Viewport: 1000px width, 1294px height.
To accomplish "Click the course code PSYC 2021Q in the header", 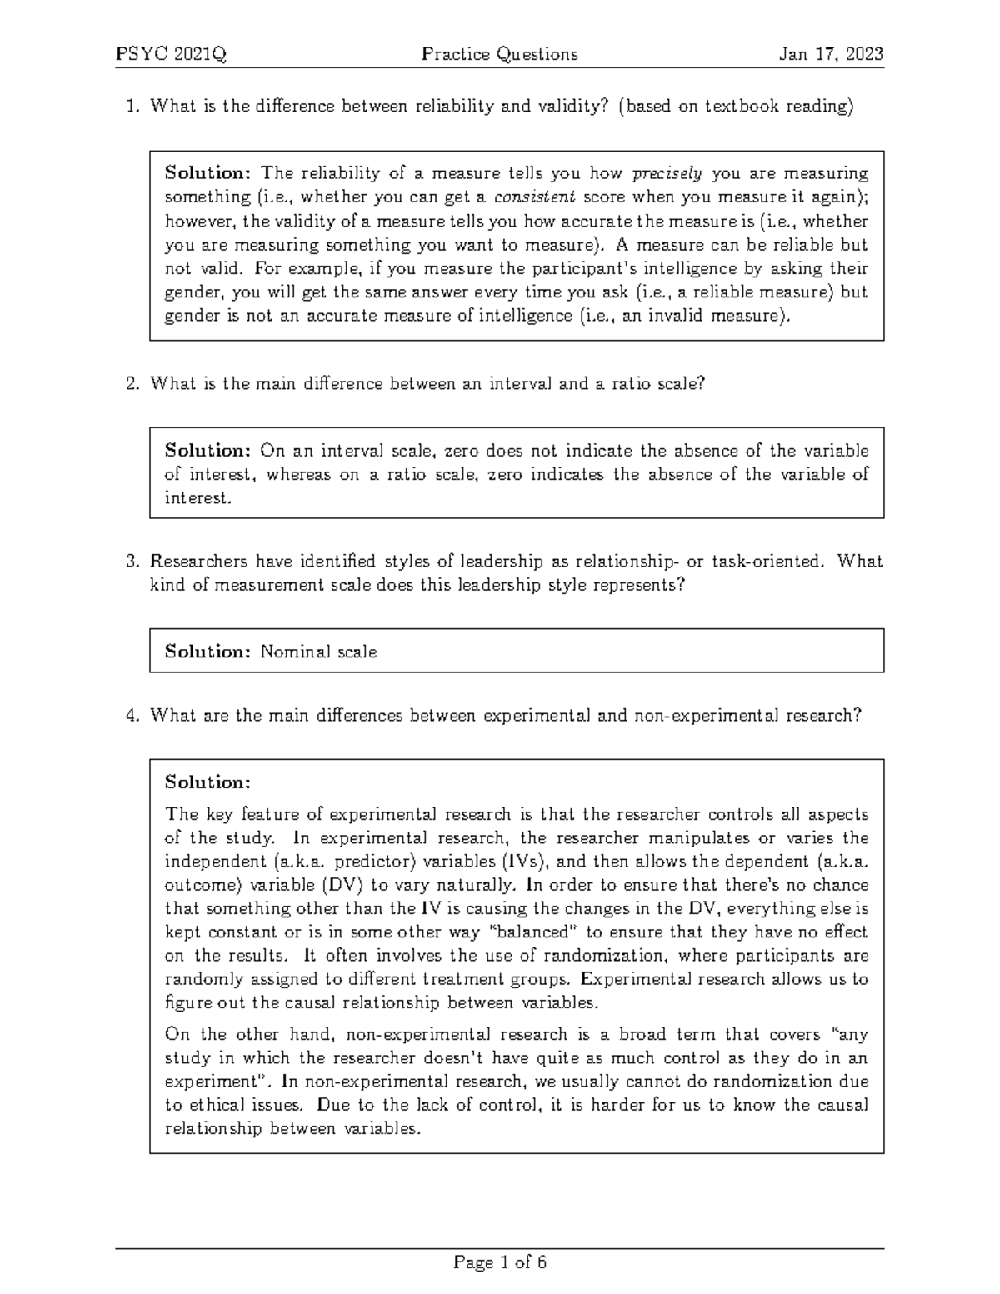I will (x=171, y=55).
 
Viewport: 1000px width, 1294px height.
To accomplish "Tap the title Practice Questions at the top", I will (x=499, y=55).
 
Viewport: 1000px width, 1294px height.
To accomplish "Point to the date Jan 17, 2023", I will (x=830, y=55).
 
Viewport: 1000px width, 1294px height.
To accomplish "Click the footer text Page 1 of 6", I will (x=499, y=1262).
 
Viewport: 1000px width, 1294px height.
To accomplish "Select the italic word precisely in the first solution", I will (x=667, y=174).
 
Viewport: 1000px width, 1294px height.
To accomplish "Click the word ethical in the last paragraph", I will (x=223, y=1106).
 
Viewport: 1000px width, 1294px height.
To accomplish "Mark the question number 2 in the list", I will (x=132, y=384).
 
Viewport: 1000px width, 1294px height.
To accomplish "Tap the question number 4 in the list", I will (x=132, y=716).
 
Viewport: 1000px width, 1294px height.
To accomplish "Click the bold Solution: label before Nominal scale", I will (x=207, y=652).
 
